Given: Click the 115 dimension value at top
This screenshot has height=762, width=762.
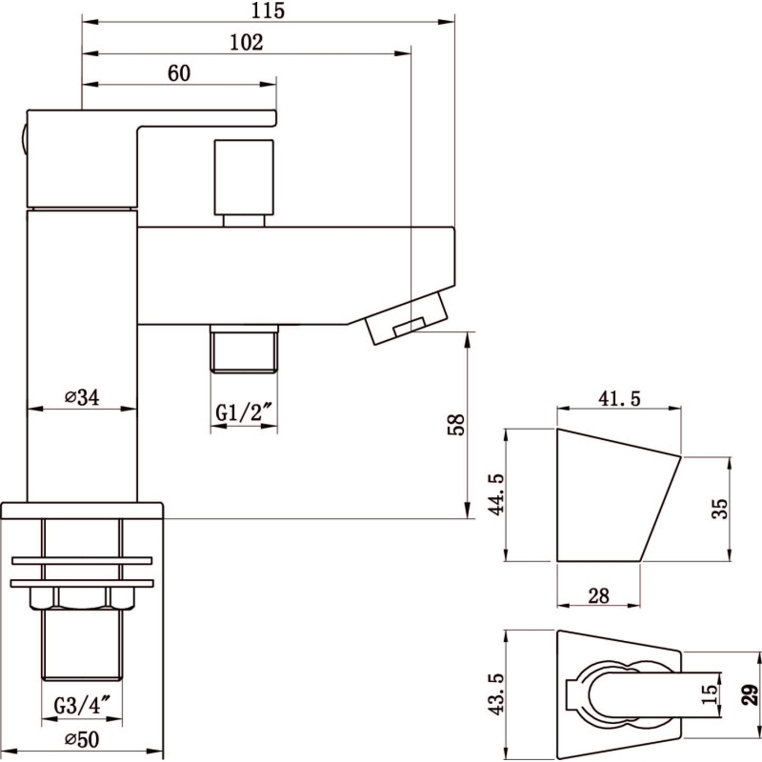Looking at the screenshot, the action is [x=268, y=10].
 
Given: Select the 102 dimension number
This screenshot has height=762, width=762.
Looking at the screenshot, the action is [x=247, y=42].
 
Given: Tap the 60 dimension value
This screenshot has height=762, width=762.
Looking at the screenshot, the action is [x=179, y=73].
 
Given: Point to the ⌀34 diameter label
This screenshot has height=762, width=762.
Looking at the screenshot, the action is [x=82, y=397].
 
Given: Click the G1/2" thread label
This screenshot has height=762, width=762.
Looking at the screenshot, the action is [x=244, y=413].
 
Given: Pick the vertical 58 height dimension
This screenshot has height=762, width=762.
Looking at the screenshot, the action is [x=456, y=424].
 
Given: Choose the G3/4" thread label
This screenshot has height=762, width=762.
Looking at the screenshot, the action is [x=82, y=705].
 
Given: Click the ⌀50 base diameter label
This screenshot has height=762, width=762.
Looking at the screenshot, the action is [x=82, y=740].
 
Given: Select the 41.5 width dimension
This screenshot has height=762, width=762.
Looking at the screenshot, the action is [x=619, y=398].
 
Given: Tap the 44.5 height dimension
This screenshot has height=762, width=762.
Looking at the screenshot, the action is [x=496, y=494].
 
